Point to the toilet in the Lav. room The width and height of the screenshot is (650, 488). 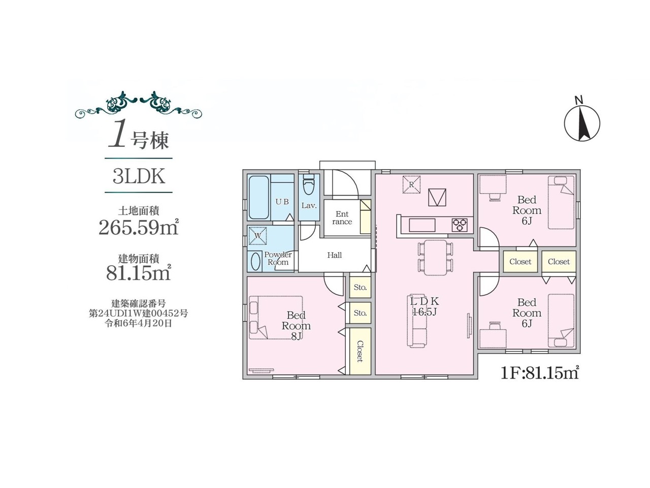(309, 185)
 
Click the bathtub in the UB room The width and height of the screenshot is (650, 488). (259, 197)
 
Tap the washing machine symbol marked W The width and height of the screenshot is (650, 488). (257, 235)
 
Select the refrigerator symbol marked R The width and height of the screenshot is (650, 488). (411, 185)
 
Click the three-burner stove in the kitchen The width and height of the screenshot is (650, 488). (459, 225)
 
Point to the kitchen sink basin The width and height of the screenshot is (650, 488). (422, 225)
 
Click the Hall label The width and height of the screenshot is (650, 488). (334, 255)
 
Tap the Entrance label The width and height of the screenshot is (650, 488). (342, 218)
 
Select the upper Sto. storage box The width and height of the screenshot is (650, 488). (360, 287)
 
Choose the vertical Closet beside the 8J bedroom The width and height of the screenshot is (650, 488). (360, 351)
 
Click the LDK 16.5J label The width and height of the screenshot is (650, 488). (425, 307)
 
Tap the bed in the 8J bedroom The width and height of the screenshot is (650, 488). (276, 317)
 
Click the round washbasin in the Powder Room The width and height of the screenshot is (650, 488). (255, 262)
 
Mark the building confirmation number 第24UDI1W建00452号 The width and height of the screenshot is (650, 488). (138, 313)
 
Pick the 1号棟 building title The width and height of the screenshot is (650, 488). (139, 138)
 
